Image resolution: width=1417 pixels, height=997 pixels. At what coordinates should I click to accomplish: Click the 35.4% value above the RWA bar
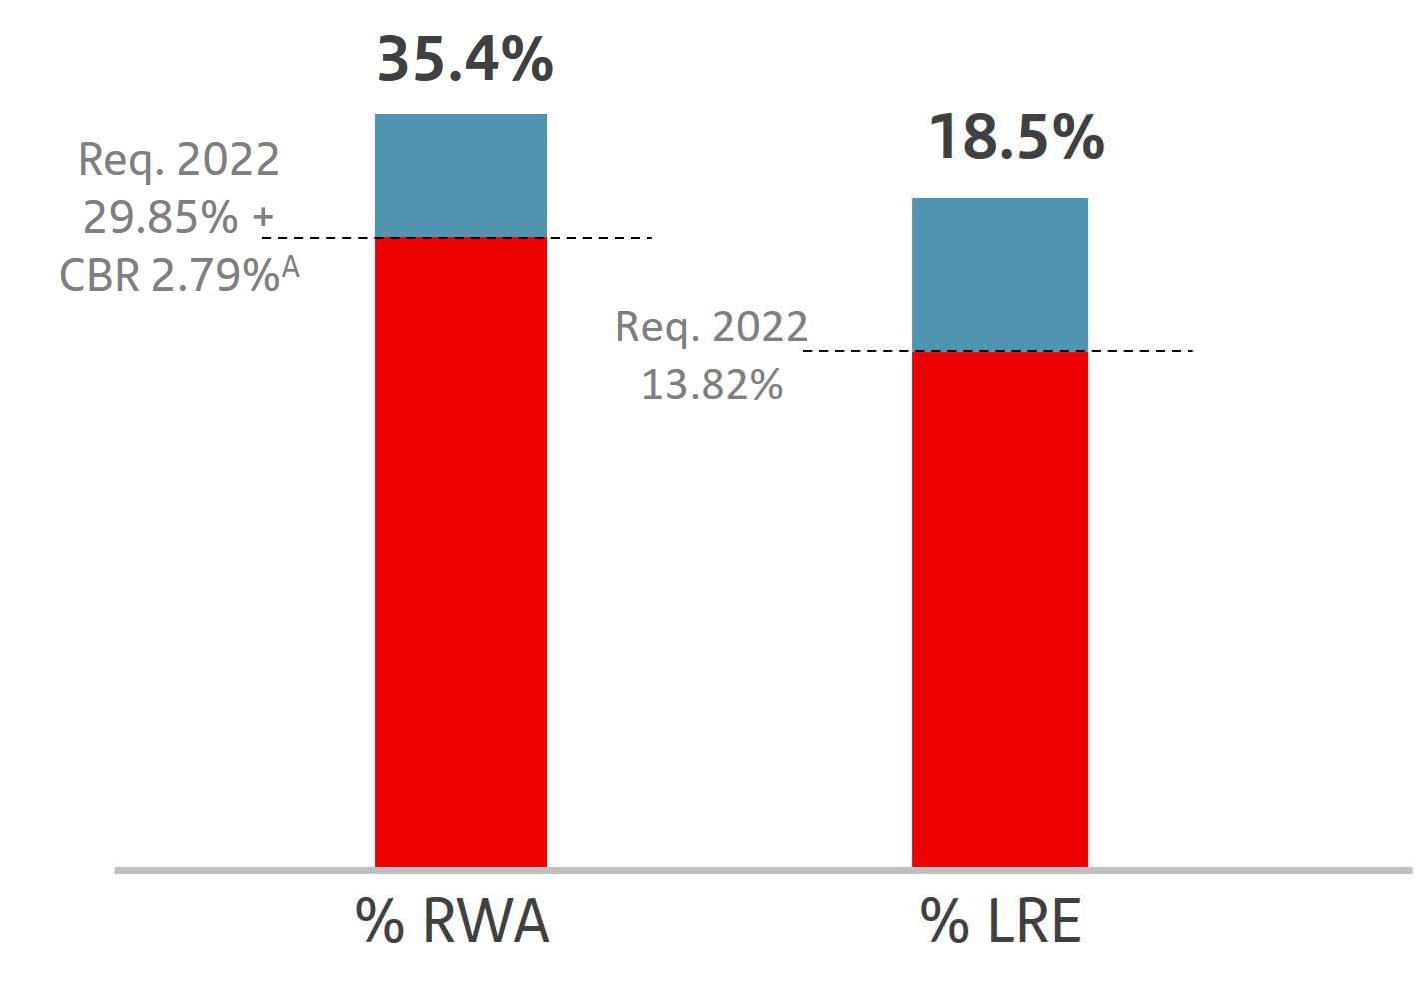pyautogui.click(x=465, y=59)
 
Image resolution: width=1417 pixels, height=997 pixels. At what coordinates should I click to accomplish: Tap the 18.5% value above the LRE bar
pyautogui.click(x=1016, y=137)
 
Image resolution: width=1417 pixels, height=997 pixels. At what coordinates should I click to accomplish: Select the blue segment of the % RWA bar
pyautogui.click(x=460, y=176)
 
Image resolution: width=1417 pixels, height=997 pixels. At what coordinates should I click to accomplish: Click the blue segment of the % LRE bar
pyautogui.click(x=999, y=274)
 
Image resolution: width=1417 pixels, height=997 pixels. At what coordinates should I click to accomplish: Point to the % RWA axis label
pyautogui.click(x=452, y=921)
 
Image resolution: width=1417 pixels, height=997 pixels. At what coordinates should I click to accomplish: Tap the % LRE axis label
pyautogui.click(x=1000, y=921)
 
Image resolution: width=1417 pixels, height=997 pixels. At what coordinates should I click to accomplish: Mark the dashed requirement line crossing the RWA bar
pyautogui.click(x=600, y=238)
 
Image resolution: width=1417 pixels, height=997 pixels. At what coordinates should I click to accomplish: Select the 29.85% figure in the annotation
pyautogui.click(x=161, y=217)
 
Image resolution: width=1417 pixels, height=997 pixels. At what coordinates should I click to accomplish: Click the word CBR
pyautogui.click(x=100, y=275)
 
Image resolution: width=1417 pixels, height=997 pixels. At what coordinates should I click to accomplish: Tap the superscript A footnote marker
pyautogui.click(x=290, y=267)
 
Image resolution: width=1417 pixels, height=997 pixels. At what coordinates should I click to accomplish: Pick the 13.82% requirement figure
pyautogui.click(x=711, y=385)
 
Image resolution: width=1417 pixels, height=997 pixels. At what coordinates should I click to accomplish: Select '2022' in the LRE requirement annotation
pyautogui.click(x=760, y=327)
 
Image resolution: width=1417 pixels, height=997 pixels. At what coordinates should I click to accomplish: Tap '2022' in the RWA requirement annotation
pyautogui.click(x=228, y=160)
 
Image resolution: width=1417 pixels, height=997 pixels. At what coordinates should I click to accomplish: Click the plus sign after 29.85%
pyautogui.click(x=263, y=217)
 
